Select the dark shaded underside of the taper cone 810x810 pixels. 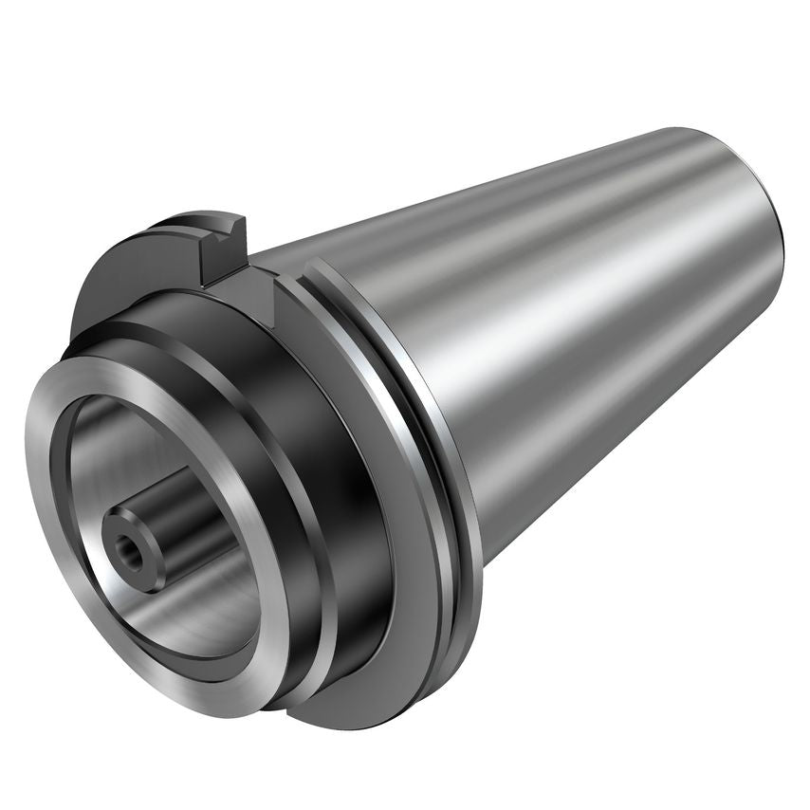pos(607,446)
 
